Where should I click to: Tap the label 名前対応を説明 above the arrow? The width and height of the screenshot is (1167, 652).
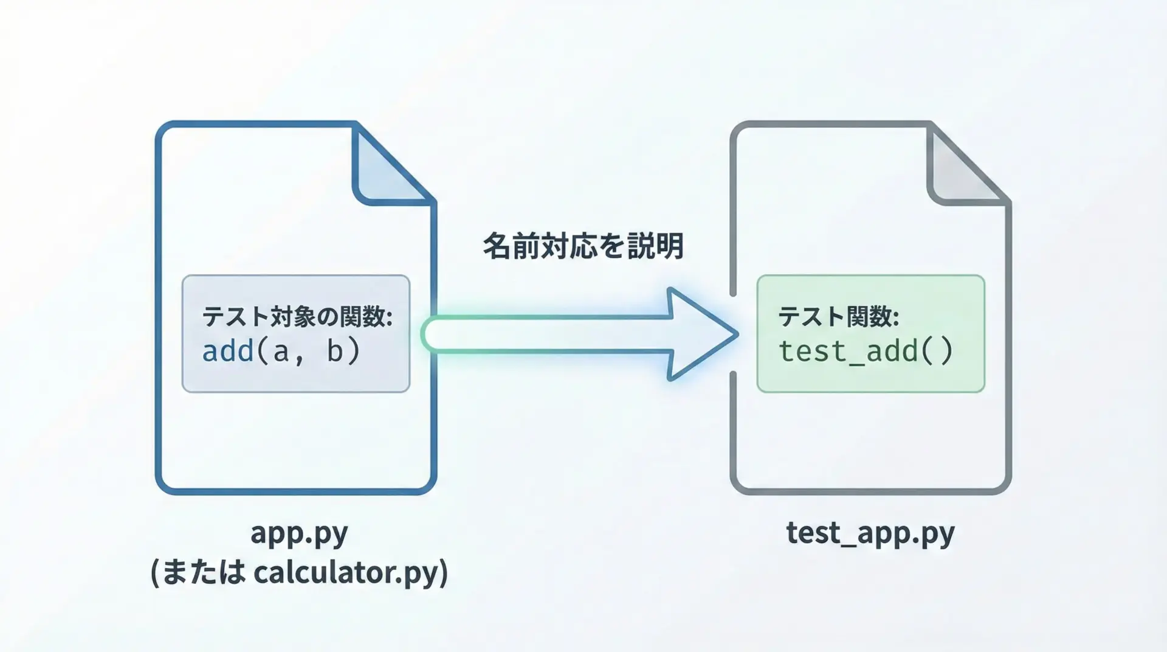[x=583, y=246]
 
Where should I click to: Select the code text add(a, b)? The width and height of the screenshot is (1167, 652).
[x=281, y=351]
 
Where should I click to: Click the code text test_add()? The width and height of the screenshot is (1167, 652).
[x=866, y=352]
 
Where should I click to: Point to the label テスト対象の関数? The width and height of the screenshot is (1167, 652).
[x=297, y=316]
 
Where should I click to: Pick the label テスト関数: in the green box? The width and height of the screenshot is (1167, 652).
[x=839, y=316]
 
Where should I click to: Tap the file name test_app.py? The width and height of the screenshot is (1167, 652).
[x=870, y=533]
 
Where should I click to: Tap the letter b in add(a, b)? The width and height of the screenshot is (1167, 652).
[x=335, y=351]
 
